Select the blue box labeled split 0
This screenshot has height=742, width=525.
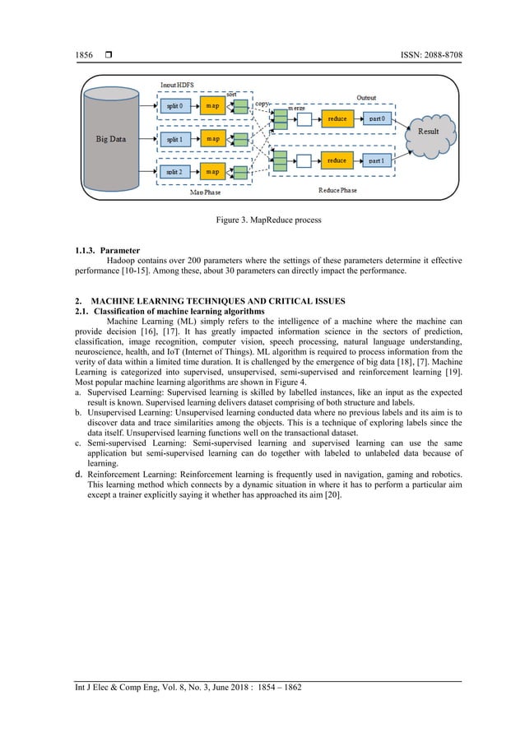174,105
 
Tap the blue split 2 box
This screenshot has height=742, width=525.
174,171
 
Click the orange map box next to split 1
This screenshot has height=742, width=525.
213,138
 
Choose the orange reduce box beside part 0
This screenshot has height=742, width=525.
337,118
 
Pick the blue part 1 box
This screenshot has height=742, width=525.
379,160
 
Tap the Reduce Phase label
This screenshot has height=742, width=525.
338,191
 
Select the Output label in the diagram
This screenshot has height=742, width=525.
367,96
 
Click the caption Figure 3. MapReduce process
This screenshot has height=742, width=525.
262,220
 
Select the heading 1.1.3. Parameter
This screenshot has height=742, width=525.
108,249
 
